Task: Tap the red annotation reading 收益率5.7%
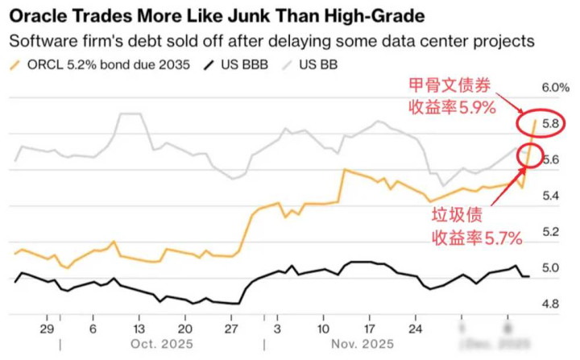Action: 477,237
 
